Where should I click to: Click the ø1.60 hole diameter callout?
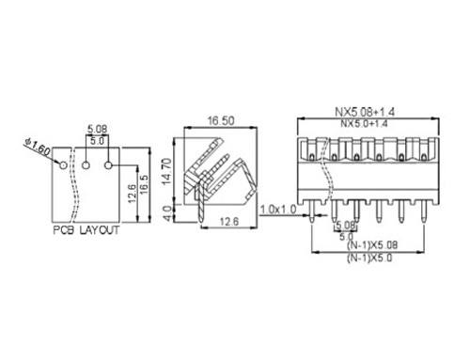point(37,146)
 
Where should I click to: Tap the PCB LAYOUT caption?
point(86,230)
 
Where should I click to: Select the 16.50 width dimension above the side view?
point(221,120)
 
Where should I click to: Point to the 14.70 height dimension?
point(167,171)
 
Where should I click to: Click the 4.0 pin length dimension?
point(168,213)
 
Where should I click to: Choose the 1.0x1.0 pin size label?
point(278,209)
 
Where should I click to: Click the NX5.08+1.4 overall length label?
point(365,111)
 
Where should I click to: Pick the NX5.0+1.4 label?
point(364,123)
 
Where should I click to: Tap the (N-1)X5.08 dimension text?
point(372,245)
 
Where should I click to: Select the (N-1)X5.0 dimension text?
point(369,258)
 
